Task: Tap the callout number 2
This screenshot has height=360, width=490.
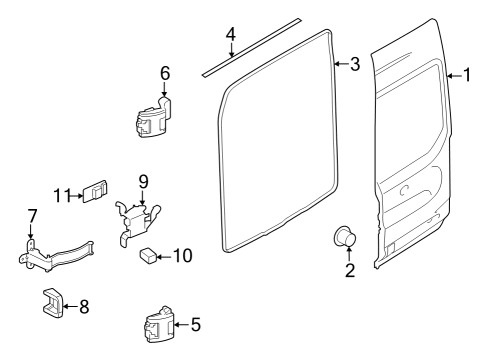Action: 350,269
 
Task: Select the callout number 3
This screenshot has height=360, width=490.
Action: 354,65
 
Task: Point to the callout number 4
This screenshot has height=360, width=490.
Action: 231,35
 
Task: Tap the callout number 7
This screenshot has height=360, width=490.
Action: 31,216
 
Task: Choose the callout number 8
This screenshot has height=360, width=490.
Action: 83,307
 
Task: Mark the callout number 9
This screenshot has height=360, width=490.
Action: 143,181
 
